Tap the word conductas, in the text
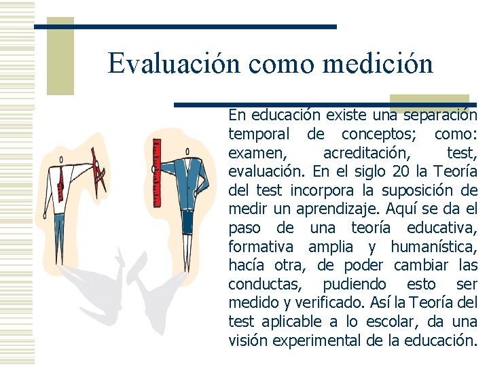[x=261, y=284]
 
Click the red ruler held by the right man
[x=157, y=173]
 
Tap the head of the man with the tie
[x=61, y=160]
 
